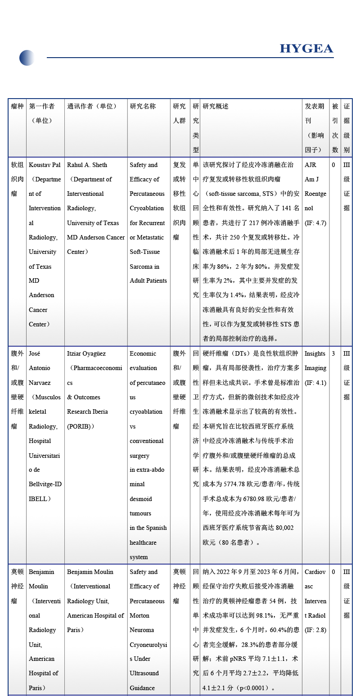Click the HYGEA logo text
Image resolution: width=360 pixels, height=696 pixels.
click(306, 49)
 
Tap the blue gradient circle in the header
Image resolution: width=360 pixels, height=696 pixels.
click(27, 58)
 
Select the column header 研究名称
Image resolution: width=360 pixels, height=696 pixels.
click(143, 106)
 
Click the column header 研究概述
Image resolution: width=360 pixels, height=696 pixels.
click(216, 106)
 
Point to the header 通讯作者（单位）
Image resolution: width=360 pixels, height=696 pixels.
click(92, 106)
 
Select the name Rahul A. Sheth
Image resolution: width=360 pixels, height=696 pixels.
click(87, 165)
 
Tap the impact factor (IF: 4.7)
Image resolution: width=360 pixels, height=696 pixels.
click(315, 223)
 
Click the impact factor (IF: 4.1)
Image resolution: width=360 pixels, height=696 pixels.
click(315, 383)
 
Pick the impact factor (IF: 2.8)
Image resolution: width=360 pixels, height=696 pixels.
click(315, 630)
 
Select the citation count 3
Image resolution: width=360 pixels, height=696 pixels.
click(333, 353)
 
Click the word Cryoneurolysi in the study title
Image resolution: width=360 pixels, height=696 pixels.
click(148, 645)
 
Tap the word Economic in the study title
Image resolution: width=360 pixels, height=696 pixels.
click(143, 353)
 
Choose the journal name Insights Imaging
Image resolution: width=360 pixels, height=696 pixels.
click(315, 361)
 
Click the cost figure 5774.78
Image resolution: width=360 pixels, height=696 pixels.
click(238, 484)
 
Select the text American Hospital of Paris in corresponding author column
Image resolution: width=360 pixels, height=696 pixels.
click(95, 623)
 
